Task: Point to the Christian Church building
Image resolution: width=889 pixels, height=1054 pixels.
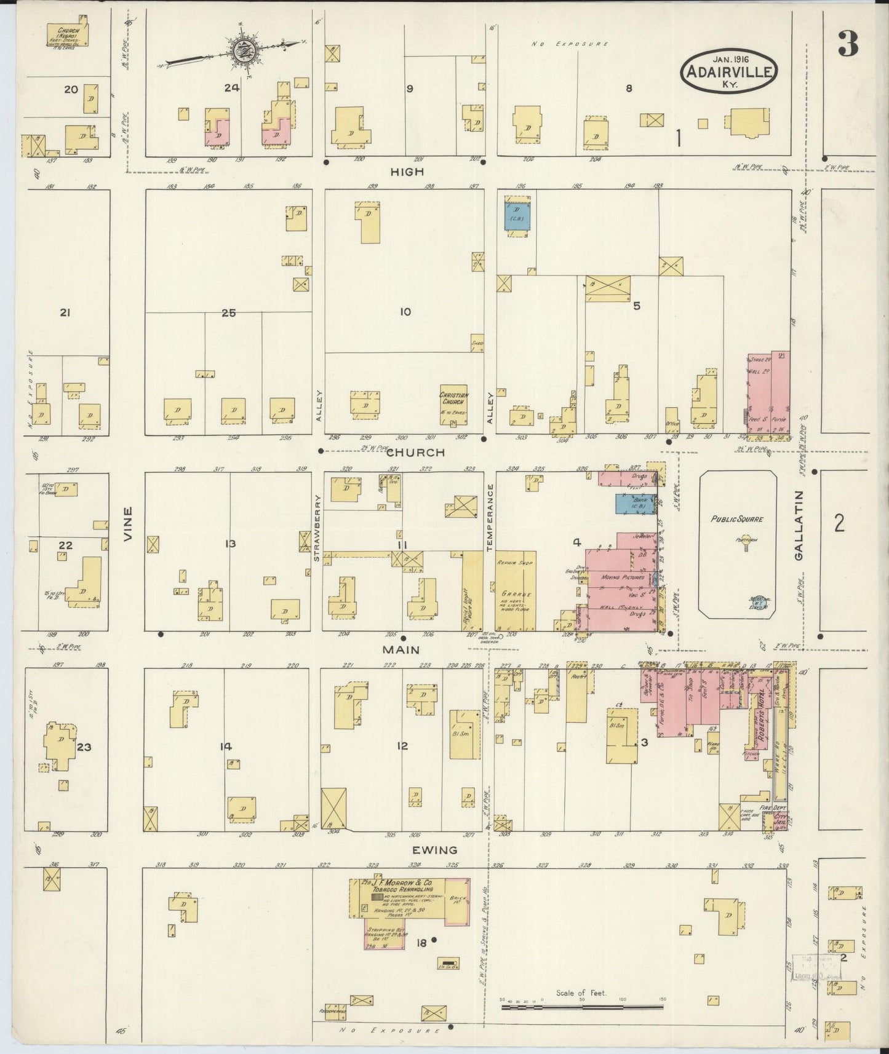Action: (x=453, y=406)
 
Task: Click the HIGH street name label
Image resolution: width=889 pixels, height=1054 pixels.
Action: (x=407, y=172)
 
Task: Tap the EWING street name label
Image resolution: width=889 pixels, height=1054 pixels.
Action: (x=435, y=850)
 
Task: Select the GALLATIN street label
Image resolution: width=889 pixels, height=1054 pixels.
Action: (x=799, y=525)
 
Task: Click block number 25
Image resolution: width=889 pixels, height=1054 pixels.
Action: (x=229, y=312)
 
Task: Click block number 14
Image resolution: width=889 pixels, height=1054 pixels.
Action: (x=226, y=747)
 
